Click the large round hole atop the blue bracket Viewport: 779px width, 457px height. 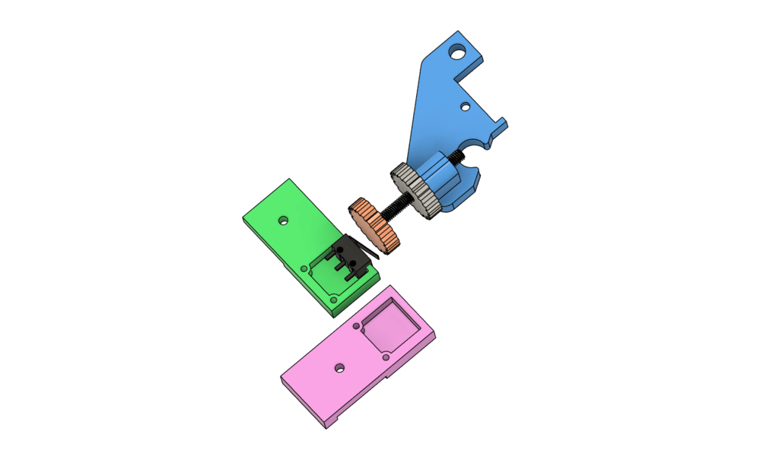point(456,52)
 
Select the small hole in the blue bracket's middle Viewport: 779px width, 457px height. point(466,107)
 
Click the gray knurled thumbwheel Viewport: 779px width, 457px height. point(415,190)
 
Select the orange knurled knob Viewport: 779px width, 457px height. point(374,225)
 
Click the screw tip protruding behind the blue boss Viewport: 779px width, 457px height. point(458,157)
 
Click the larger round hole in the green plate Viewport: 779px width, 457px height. point(283,221)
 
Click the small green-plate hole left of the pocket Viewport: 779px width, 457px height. point(304,269)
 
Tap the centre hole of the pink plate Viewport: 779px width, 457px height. point(339,368)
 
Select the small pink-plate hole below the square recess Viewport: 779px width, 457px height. point(386,357)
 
